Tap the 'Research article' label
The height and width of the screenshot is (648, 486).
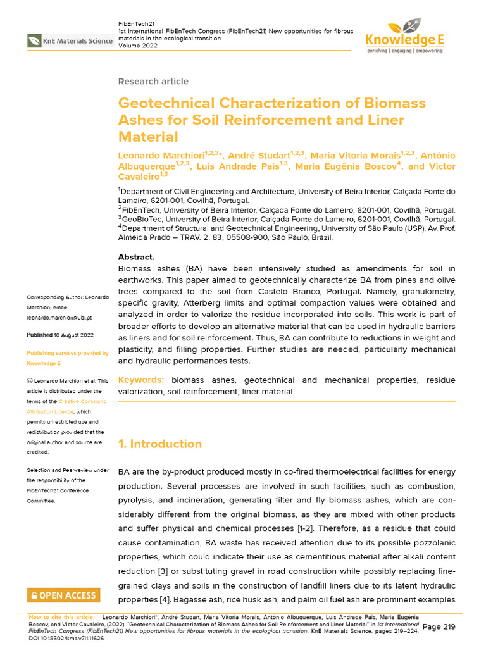153,81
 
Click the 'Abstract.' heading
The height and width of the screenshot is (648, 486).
136,257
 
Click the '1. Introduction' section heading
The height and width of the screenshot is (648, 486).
160,444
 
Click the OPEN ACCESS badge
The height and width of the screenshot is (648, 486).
63,595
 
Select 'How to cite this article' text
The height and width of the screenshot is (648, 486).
61,617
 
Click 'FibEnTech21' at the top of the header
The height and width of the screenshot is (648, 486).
137,23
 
